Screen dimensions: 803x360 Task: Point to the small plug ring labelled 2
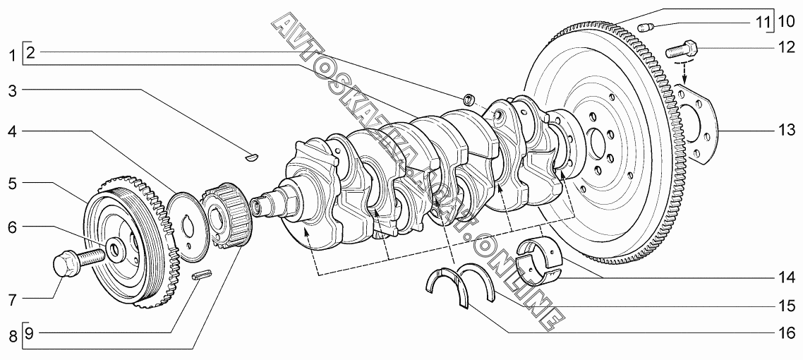tap(469, 99)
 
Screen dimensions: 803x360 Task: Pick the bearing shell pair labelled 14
tap(541, 261)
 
